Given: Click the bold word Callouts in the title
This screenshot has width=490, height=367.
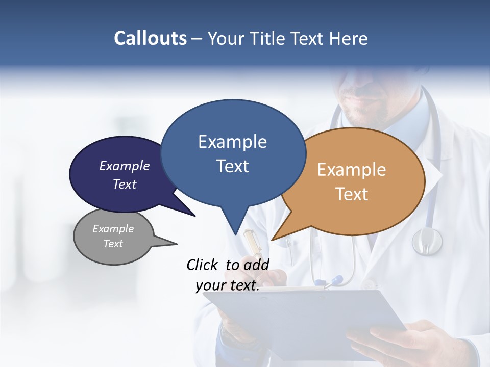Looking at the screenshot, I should (x=151, y=38).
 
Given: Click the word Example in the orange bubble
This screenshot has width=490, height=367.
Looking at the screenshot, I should (x=352, y=170).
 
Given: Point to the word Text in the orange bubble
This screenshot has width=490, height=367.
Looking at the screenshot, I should (x=352, y=194).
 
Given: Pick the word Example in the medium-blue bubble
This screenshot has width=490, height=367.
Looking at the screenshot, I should (x=232, y=142).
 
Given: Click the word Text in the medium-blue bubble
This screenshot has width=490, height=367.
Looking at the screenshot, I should (x=232, y=166).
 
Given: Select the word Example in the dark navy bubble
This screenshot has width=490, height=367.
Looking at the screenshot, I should (x=125, y=166).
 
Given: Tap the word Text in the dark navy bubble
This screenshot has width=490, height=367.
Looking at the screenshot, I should (x=125, y=184).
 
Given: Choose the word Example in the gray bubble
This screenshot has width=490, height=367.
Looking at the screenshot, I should (x=113, y=229).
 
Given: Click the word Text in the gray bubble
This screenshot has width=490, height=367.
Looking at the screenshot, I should (x=113, y=244).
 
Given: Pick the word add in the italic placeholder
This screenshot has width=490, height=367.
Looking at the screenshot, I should (x=256, y=265).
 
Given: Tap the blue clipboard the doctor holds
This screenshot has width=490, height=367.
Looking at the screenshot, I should (x=306, y=316).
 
